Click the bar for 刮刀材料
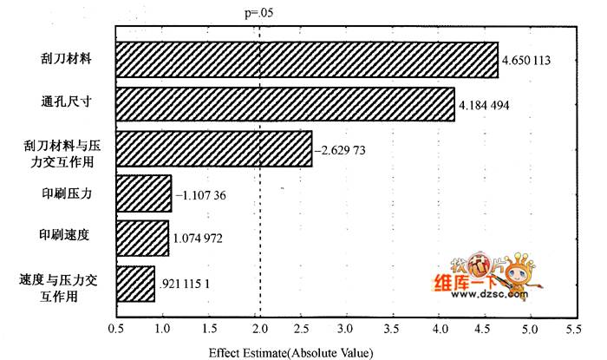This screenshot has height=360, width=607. pos(307,60)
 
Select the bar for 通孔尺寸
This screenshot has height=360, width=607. pos(285,104)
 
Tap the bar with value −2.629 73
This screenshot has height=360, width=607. pos(214,149)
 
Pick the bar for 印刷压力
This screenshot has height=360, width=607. pos(144,193)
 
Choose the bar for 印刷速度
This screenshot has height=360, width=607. pos(142,238)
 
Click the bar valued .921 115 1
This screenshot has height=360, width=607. pos(135,284)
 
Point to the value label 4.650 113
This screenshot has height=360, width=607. pos(526,61)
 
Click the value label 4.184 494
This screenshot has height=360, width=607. pos(484,105)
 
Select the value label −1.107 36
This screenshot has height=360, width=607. pos(200,195)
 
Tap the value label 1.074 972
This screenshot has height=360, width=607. pos(198,238)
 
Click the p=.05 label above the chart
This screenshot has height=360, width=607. pos(259,13)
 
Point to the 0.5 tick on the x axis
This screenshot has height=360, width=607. pos(116,329)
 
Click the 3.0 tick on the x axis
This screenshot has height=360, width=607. pos(345,329)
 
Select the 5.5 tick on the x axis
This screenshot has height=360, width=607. pos(574,329)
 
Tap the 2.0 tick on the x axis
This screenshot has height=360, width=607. pos(260,329)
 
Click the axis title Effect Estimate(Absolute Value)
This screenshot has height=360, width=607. pos(291,353)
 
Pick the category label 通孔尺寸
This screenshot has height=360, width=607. pos(67,101)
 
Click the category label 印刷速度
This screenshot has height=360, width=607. pos(64,234)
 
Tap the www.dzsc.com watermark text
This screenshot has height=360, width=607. pos(489,295)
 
